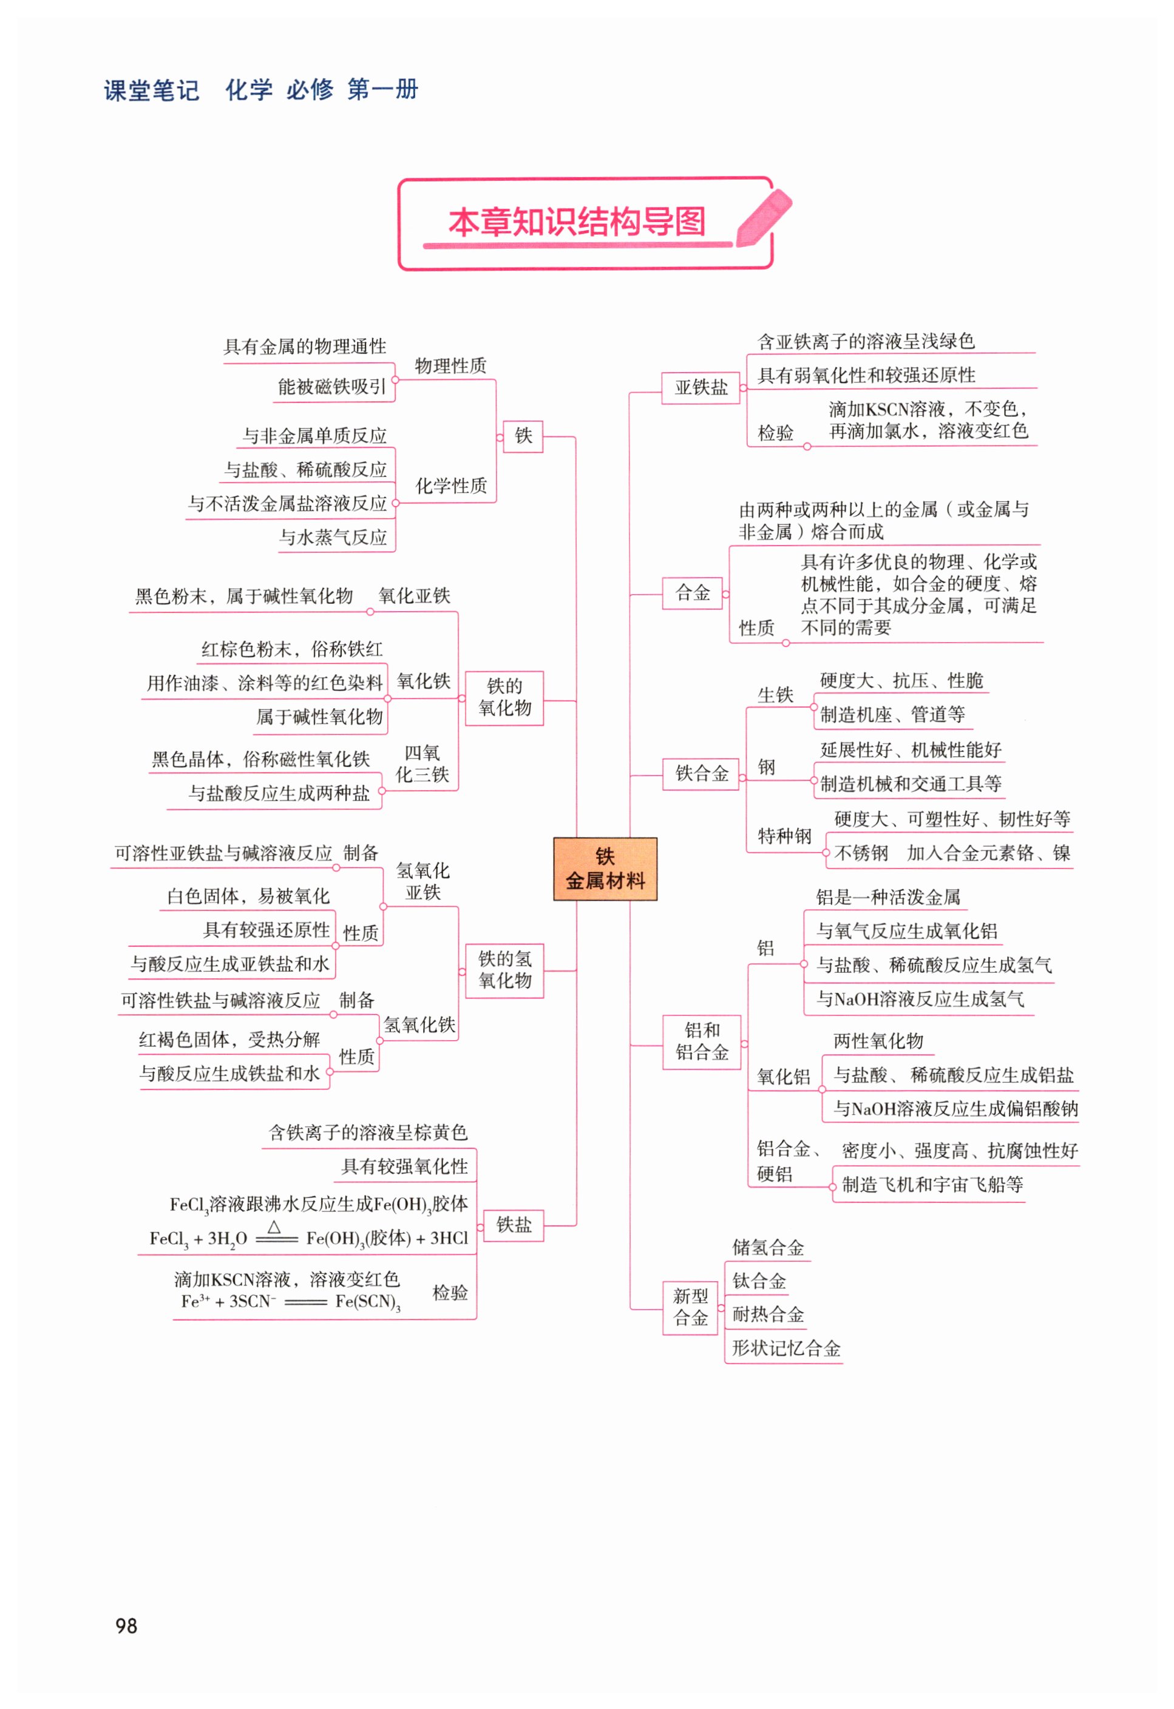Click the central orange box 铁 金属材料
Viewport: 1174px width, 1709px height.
point(605,868)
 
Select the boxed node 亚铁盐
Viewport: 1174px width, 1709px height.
point(701,388)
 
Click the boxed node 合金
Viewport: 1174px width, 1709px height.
point(692,593)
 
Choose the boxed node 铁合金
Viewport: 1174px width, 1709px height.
point(701,773)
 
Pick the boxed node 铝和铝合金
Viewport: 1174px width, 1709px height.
point(701,1041)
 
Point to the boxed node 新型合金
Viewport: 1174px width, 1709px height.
point(690,1307)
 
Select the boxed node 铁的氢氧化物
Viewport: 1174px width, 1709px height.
point(504,970)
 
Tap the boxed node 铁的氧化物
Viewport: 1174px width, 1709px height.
point(504,697)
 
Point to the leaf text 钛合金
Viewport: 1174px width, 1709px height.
point(759,1281)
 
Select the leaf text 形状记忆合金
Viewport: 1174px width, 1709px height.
point(785,1348)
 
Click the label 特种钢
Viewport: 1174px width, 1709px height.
point(784,836)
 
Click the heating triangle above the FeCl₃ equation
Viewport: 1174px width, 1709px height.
point(274,1227)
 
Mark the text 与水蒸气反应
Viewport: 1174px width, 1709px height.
point(333,538)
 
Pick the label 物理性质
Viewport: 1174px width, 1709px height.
point(450,365)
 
